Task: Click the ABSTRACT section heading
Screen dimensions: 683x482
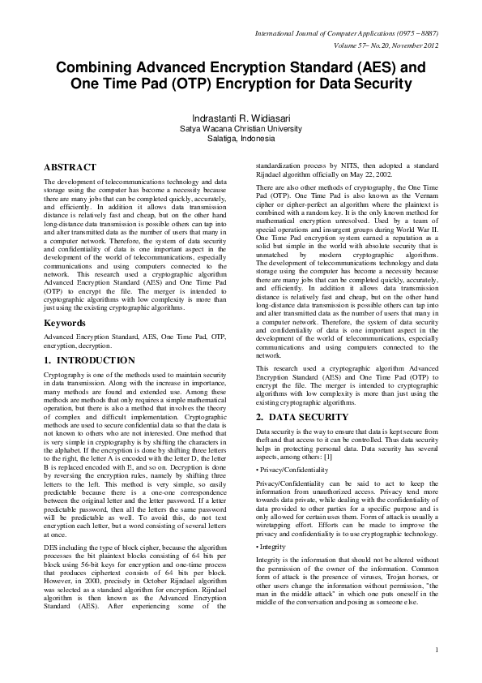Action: tap(70, 167)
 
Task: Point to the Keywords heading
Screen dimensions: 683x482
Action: tap(66, 323)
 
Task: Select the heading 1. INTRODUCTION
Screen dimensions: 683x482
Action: tap(89, 359)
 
